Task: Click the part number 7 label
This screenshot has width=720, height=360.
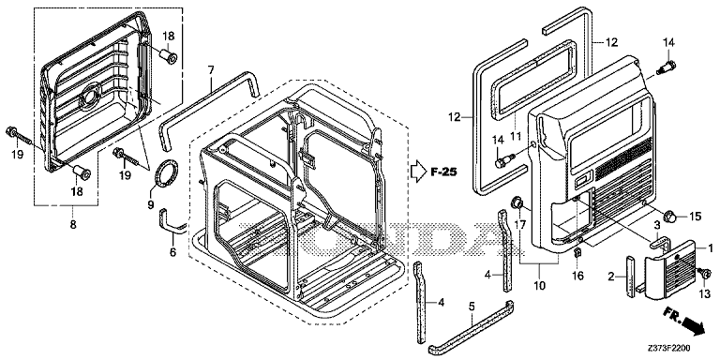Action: pos(211,70)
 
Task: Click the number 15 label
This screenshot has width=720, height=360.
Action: pos(696,217)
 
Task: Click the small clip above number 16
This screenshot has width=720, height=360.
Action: pos(578,253)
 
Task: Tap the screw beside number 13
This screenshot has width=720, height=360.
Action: pos(702,272)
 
